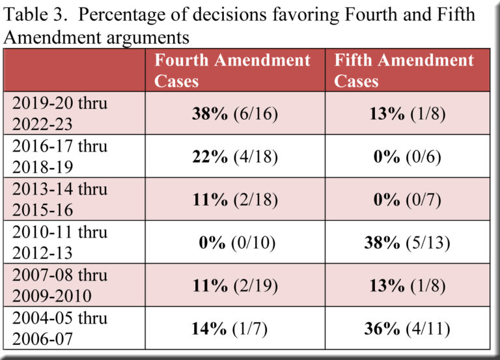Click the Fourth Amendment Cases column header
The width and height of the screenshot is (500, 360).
(x=232, y=70)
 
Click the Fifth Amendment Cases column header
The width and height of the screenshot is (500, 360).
(x=404, y=70)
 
